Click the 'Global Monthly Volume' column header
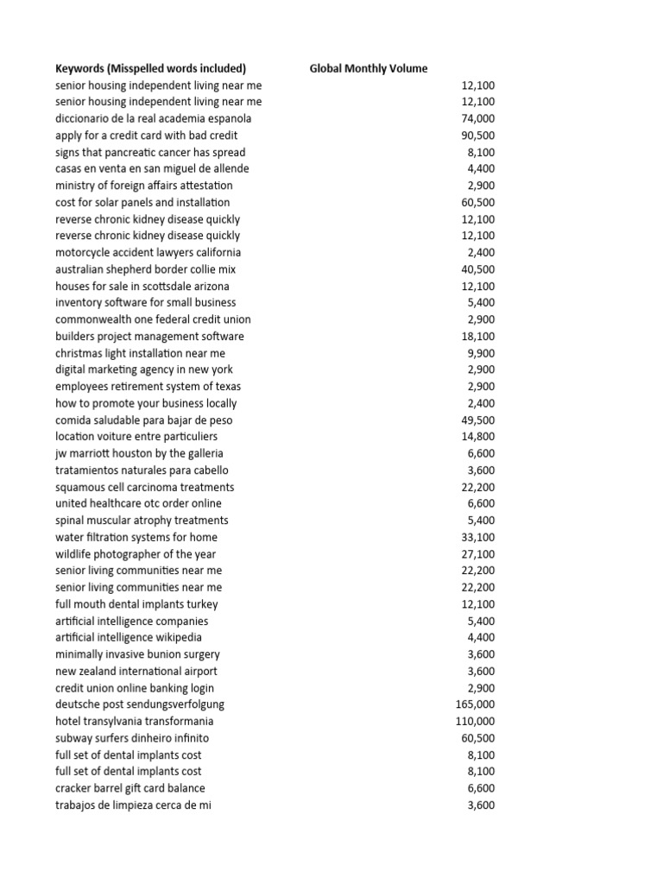click(x=369, y=69)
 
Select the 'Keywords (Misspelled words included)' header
click(x=151, y=69)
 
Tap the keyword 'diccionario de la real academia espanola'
click(x=154, y=119)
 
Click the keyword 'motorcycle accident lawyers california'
click(x=148, y=253)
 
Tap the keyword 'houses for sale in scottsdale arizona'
click(x=142, y=286)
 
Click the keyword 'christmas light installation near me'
click(x=140, y=353)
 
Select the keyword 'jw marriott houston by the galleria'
click(x=139, y=453)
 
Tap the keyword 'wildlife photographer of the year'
click(x=136, y=554)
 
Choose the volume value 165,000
click(x=475, y=704)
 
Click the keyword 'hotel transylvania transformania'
click(x=134, y=721)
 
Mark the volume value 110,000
click(x=475, y=721)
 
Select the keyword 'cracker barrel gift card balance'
click(x=130, y=788)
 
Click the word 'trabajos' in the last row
click(x=75, y=805)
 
